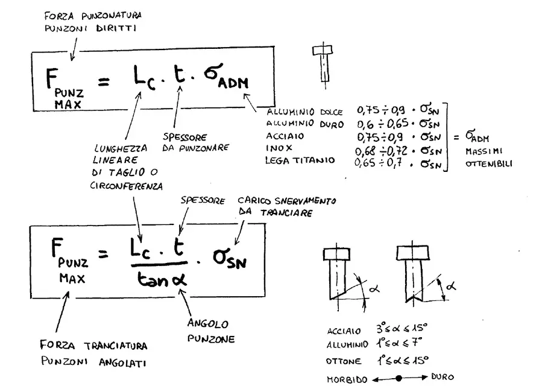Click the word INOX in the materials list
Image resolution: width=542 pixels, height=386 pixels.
279,148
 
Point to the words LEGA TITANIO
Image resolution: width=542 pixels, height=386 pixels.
300,160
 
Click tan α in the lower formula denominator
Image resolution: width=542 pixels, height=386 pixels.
162,279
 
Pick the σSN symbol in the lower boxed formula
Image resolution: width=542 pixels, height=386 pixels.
230,259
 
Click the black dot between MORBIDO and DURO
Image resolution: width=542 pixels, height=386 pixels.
399,378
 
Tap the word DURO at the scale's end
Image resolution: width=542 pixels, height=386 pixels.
443,377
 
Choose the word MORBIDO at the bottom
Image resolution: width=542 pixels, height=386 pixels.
347,379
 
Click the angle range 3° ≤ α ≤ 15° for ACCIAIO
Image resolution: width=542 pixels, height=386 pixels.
402,328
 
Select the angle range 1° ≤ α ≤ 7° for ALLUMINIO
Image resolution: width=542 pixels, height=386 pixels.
399,343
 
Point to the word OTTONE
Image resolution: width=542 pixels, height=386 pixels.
344,361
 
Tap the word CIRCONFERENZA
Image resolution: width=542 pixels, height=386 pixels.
127,186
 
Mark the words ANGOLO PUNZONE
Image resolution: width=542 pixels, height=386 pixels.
211,331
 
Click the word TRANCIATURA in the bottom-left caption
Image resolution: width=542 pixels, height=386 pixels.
116,346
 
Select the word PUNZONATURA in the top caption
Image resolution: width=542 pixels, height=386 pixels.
112,16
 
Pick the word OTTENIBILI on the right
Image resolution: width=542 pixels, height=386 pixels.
489,163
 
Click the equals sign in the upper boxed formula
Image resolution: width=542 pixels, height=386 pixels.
104,82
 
